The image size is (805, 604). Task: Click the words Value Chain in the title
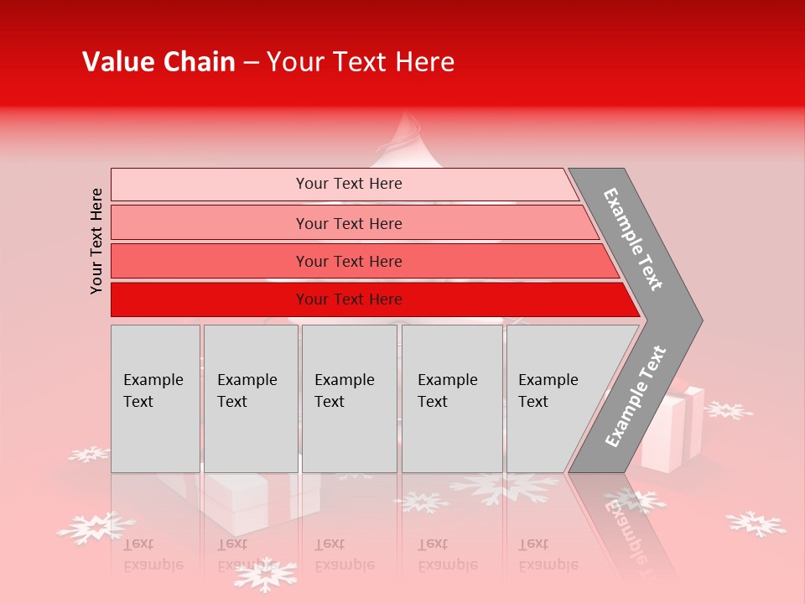[x=158, y=62]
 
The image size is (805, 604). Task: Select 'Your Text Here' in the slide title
[x=360, y=62]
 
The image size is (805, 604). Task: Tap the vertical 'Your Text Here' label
[x=96, y=241]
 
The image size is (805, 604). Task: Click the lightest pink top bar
[x=348, y=184]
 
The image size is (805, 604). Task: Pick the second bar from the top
[x=348, y=223]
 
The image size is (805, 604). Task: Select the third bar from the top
[x=348, y=261]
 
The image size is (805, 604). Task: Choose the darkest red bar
[x=348, y=299]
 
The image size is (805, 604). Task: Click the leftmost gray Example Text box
[x=155, y=398]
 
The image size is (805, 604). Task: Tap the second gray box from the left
[x=250, y=398]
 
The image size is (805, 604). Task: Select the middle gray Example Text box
[x=349, y=398]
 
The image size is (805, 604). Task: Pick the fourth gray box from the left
[x=452, y=398]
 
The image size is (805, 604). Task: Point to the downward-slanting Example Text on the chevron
[x=633, y=239]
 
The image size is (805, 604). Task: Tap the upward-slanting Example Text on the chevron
[x=635, y=397]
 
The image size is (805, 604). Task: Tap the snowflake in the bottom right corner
[x=756, y=524]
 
